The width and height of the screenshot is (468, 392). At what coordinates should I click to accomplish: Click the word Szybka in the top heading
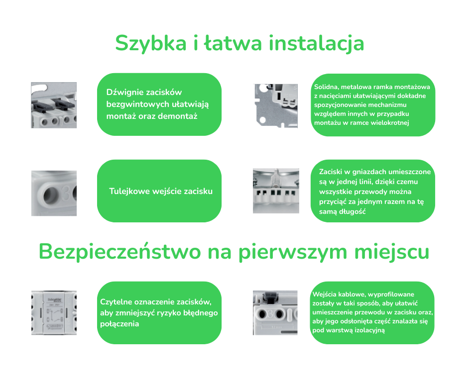click(x=151, y=44)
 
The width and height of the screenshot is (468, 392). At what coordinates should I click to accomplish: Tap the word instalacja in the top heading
click(x=316, y=44)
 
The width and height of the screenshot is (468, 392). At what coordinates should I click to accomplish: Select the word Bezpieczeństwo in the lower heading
click(x=119, y=252)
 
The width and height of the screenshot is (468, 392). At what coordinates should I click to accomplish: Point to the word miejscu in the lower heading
click(x=392, y=253)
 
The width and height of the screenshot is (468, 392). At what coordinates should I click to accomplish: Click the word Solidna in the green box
click(x=326, y=87)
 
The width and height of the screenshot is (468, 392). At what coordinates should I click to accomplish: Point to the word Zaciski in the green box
click(x=331, y=172)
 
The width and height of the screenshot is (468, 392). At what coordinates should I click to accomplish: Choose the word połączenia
click(x=119, y=324)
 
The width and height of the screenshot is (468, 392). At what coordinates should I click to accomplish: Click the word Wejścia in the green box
click(x=324, y=294)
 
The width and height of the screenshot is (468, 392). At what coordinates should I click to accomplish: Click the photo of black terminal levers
click(x=54, y=105)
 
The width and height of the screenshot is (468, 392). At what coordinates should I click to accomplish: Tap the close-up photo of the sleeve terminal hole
click(x=54, y=194)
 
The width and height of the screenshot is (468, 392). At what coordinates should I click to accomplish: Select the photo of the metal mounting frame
click(x=276, y=106)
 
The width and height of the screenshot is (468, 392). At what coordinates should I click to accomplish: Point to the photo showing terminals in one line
click(x=276, y=191)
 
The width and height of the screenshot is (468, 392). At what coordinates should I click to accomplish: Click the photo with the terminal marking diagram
click(x=54, y=312)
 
